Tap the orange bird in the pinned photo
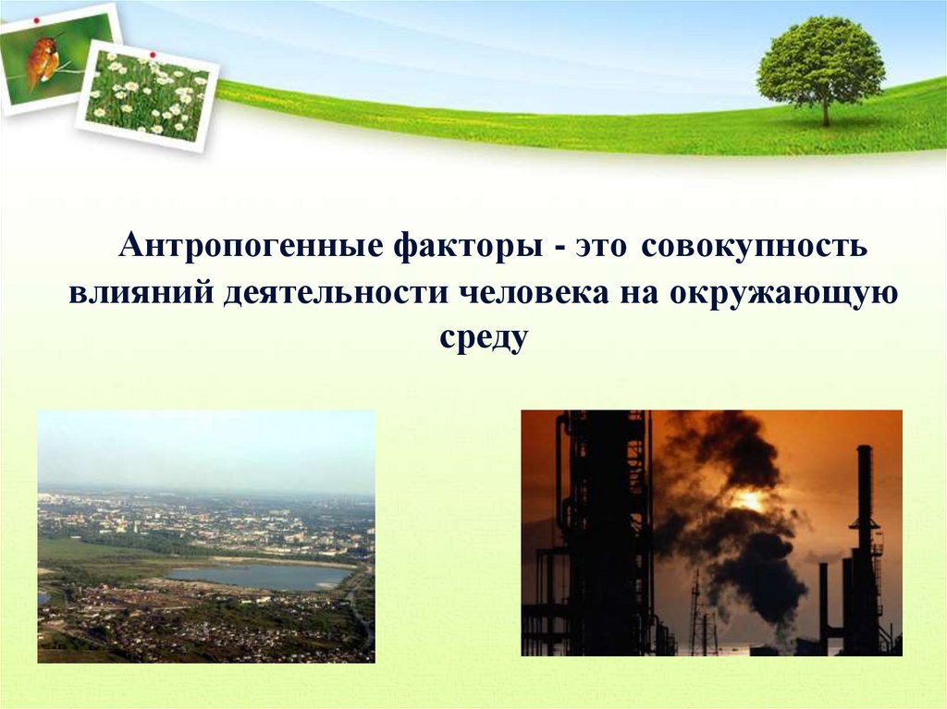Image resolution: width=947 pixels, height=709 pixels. click(x=43, y=61)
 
